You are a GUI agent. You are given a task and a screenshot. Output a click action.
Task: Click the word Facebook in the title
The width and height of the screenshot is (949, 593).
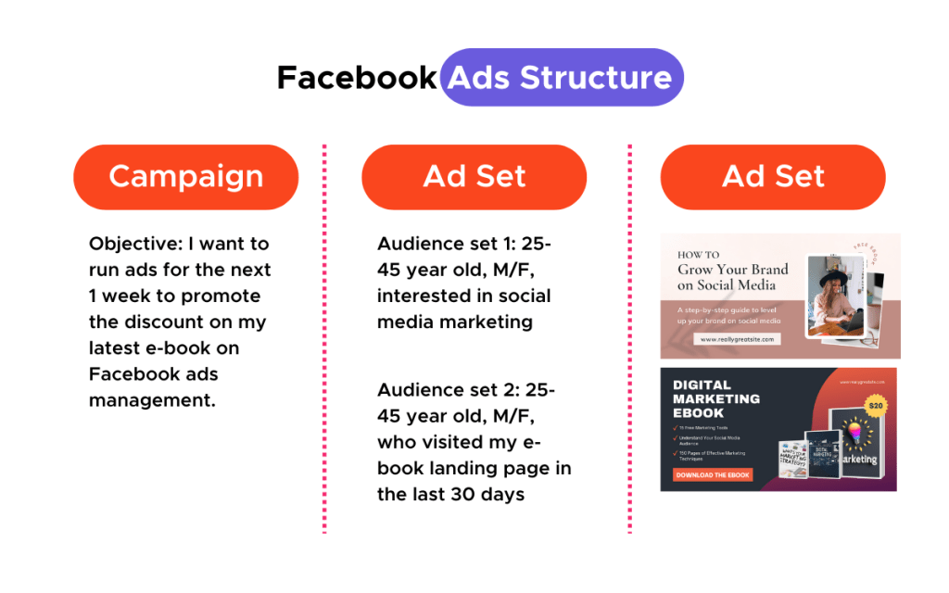356,78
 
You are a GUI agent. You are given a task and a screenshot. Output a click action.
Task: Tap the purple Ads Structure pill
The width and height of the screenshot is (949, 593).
561,78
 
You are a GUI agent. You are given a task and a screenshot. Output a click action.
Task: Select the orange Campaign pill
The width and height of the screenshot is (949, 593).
186,177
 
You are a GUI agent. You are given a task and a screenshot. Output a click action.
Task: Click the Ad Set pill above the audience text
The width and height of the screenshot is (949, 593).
474,177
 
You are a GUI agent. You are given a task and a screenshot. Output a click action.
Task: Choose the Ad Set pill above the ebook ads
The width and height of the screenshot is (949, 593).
773,177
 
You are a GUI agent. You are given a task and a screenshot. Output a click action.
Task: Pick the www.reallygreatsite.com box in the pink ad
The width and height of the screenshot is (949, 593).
739,339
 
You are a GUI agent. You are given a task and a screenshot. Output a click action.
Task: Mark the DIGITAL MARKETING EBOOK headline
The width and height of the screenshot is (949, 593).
715,399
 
